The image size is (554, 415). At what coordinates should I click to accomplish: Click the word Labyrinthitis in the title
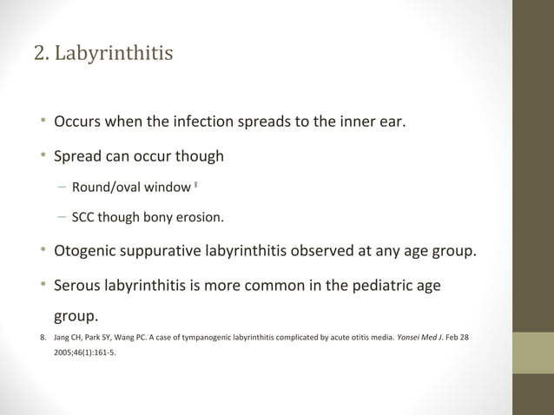[x=113, y=54]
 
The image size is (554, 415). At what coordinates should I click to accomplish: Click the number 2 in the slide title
[x=39, y=54]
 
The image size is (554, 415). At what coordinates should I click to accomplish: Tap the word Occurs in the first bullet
[x=79, y=121]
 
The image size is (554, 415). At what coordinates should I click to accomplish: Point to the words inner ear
[x=371, y=121]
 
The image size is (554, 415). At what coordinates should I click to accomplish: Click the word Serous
[x=78, y=284]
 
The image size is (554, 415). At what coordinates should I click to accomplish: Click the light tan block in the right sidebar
[x=533, y=352]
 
